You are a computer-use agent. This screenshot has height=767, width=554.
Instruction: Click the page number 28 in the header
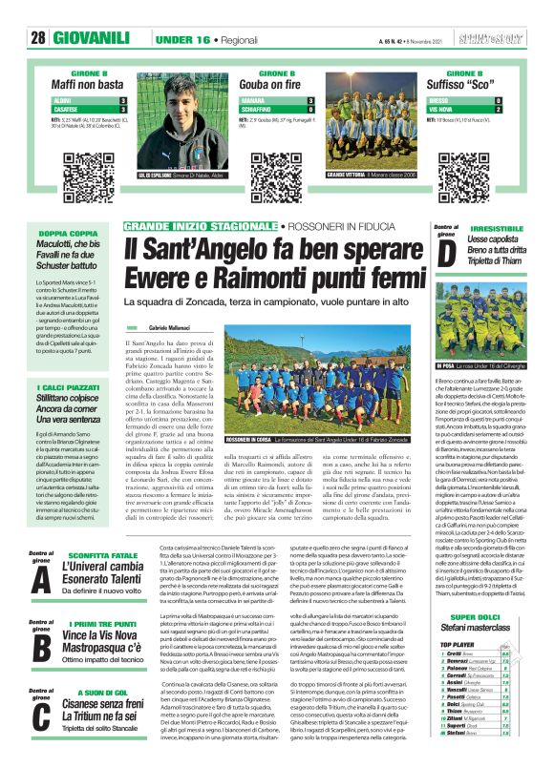38,38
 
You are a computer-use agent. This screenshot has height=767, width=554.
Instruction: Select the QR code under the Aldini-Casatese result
75,164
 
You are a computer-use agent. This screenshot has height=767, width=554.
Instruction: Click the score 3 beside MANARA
309,100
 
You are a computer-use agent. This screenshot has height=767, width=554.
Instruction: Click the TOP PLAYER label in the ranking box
454,645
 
